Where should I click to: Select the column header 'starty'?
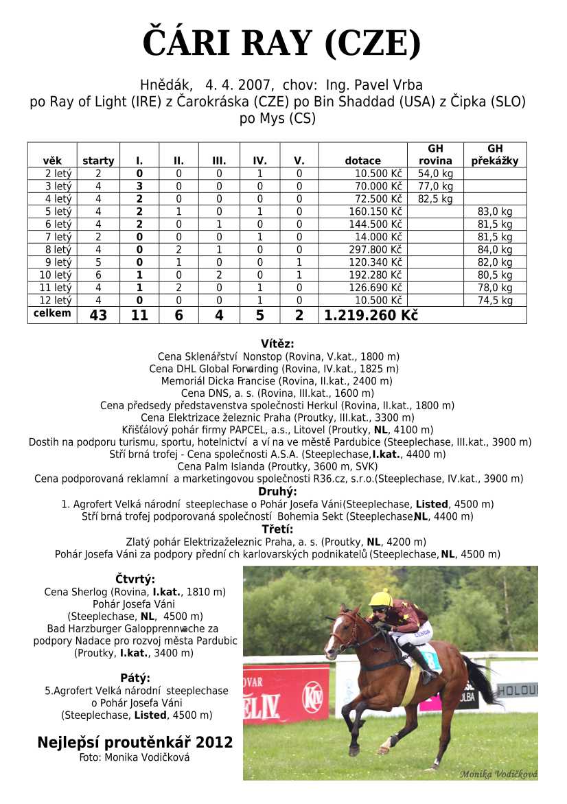click(98, 161)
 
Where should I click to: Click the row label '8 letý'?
click(58, 250)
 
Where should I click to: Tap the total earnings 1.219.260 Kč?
click(371, 315)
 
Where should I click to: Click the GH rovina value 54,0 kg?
click(435, 174)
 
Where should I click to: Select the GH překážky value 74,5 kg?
click(495, 301)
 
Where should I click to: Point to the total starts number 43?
click(98, 315)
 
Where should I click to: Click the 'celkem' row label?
click(52, 314)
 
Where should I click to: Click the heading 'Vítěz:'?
click(277, 344)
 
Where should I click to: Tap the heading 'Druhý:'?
click(277, 492)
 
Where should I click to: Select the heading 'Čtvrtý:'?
click(135, 579)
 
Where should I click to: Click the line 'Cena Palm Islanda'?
click(277, 466)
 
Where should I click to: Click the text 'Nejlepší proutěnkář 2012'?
click(135, 743)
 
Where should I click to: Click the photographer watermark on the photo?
click(498, 774)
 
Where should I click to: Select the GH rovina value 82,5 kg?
click(435, 199)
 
